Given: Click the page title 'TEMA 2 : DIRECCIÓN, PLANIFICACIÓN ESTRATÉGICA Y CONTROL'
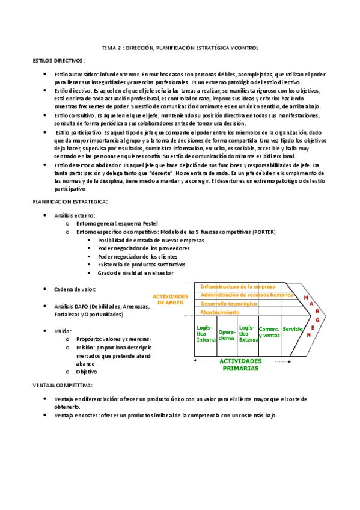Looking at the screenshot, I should tap(180, 48).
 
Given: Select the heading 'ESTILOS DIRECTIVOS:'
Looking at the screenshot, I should tap(59, 61).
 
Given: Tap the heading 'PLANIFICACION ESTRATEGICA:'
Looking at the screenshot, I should tap(70, 202).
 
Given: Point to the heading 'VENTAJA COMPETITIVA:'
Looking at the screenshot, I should tap(62, 384).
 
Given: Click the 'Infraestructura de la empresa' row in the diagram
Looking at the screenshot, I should tap(238, 287).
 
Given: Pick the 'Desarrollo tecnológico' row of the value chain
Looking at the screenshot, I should tap(228, 304).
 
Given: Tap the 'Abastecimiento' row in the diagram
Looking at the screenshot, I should tap(220, 312).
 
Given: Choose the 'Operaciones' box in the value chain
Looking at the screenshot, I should tap(227, 335).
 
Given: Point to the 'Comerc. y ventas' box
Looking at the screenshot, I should tap(269, 332).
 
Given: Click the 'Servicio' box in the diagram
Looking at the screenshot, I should tap(293, 329).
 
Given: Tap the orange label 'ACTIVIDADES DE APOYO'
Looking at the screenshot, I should tap(171, 300).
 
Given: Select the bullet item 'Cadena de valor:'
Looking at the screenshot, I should tap(75, 289).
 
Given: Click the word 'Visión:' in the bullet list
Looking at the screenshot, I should tap(63, 331).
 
